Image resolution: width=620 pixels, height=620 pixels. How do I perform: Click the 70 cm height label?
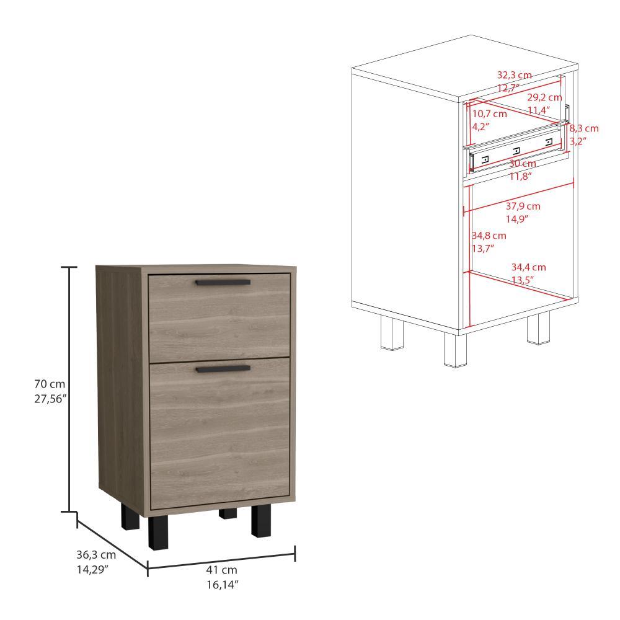pyautogui.click(x=50, y=384)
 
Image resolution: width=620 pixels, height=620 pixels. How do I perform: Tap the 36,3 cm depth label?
pyautogui.click(x=96, y=555)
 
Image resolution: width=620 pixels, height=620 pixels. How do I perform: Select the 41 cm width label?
pyautogui.click(x=221, y=570)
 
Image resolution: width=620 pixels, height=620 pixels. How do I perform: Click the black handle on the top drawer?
pyautogui.click(x=223, y=282)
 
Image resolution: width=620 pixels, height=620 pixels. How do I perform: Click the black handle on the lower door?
pyautogui.click(x=223, y=369)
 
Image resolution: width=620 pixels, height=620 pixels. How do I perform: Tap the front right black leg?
pyautogui.click(x=261, y=521)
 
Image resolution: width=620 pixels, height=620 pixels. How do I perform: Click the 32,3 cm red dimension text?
pyautogui.click(x=514, y=75)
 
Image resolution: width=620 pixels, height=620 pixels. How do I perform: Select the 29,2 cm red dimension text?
pyautogui.click(x=544, y=97)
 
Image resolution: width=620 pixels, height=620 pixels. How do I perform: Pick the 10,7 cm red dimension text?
pyautogui.click(x=490, y=114)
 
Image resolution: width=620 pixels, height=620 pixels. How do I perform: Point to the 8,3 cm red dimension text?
pyautogui.click(x=584, y=128)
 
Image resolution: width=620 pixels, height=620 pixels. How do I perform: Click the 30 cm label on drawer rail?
pyautogui.click(x=522, y=163)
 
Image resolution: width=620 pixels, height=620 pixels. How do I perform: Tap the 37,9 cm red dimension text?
pyautogui.click(x=523, y=206)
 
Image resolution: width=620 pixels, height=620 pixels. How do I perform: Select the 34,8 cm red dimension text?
pyautogui.click(x=489, y=236)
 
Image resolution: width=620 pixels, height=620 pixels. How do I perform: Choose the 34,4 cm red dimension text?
pyautogui.click(x=529, y=267)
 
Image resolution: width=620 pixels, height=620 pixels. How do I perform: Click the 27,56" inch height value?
pyautogui.click(x=50, y=399)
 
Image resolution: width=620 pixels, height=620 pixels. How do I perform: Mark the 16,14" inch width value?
pyautogui.click(x=222, y=585)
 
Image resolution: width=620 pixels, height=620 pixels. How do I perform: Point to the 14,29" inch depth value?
pyautogui.click(x=92, y=569)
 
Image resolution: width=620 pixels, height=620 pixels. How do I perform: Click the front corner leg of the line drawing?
pyautogui.click(x=456, y=350)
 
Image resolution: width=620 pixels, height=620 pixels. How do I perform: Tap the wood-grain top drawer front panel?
pyautogui.click(x=219, y=317)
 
